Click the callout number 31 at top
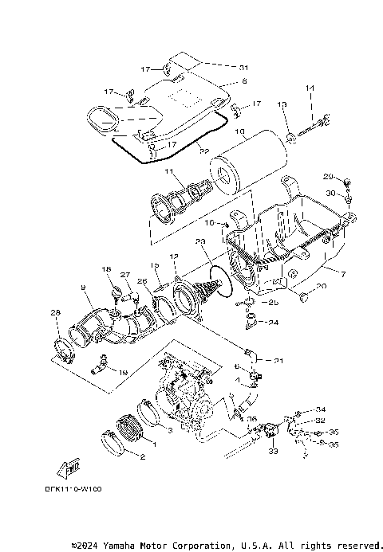243,66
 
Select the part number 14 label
310,88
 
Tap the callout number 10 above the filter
240,132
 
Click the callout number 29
328,176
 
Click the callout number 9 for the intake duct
82,287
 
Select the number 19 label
122,372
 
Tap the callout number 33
273,452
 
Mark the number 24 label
273,323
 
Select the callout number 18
105,271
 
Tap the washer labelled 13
291,141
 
